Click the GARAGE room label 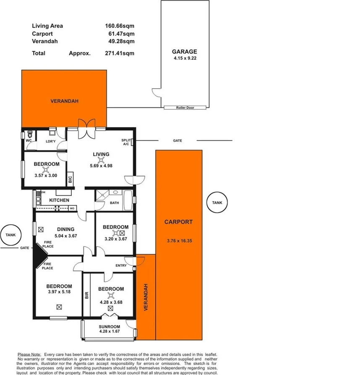184,52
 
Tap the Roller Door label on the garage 185,108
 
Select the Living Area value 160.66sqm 120,26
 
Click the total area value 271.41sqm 120,53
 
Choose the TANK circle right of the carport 217,203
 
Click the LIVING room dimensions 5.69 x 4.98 101,165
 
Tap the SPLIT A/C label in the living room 125,142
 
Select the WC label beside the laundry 29,141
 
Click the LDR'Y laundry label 51,141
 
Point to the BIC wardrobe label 70,179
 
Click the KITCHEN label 59,200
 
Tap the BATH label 114,203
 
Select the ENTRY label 121,265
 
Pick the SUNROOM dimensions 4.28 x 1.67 110,332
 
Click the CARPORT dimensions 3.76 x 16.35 178,241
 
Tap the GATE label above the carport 177,141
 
